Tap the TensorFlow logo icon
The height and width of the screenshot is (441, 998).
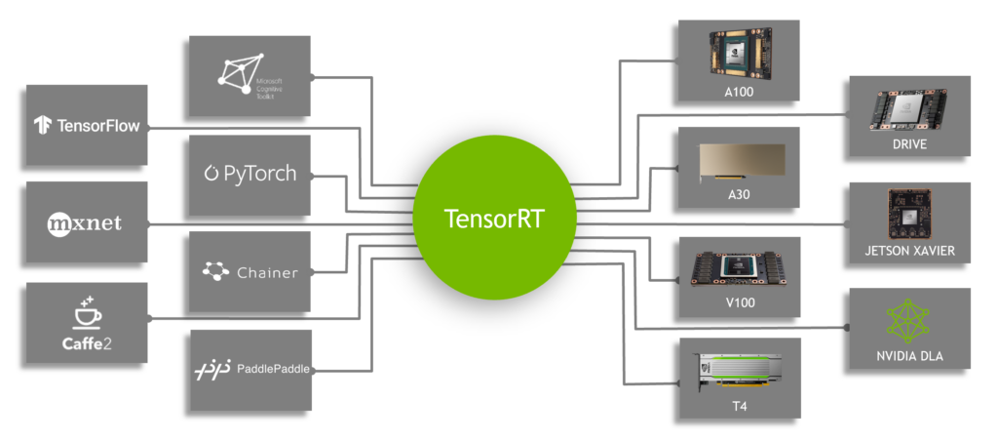coord(42,125)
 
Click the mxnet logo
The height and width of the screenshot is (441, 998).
coord(85,223)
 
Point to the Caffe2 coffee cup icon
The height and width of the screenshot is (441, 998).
coord(86,314)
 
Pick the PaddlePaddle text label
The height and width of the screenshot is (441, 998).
coord(273,369)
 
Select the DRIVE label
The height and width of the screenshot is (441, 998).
coord(909,145)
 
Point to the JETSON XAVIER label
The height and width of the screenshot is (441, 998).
coord(909,251)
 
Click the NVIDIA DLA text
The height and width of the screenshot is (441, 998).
coord(909,355)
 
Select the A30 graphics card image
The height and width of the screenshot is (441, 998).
coord(739,160)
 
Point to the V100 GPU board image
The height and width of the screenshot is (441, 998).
coord(739,268)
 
